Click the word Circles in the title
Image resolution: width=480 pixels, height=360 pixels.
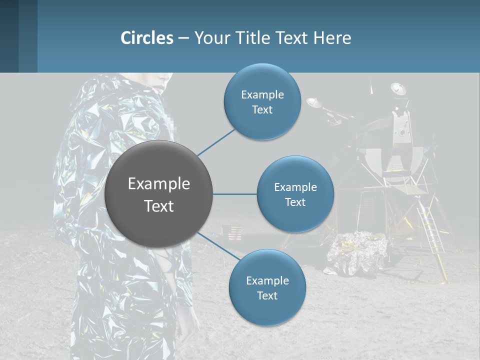(x=146, y=38)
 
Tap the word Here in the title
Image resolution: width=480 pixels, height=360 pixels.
(x=332, y=38)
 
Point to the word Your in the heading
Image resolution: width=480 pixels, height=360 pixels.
(x=211, y=38)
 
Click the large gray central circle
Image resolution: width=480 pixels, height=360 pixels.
(x=159, y=194)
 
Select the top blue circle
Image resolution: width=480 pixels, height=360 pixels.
(x=262, y=102)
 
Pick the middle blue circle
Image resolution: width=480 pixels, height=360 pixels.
(x=295, y=194)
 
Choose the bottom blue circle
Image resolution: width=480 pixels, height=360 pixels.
(x=267, y=288)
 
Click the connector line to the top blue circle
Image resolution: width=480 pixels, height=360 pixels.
(x=216, y=142)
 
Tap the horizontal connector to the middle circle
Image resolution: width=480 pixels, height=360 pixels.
(x=235, y=194)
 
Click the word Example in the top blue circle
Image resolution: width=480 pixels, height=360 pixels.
(x=262, y=94)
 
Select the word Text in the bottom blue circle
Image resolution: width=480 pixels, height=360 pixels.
(x=267, y=295)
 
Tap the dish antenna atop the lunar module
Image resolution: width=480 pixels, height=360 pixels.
(x=398, y=89)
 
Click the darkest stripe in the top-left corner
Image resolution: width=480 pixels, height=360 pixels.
(x=9, y=36)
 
